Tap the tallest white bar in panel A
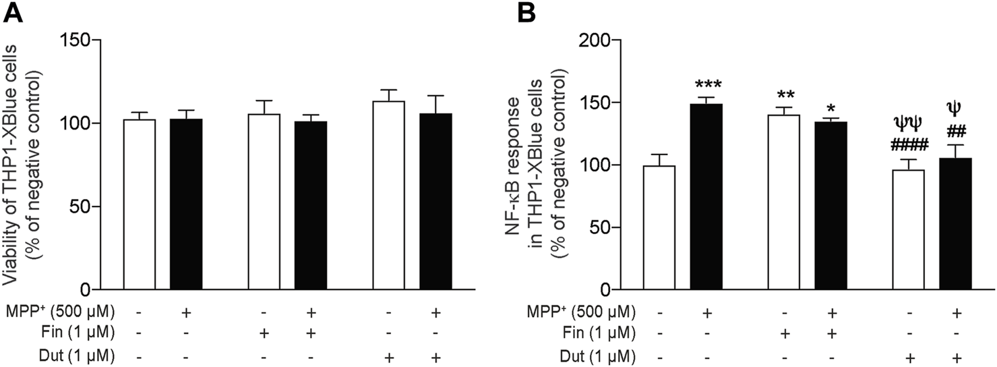(x=388, y=196)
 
